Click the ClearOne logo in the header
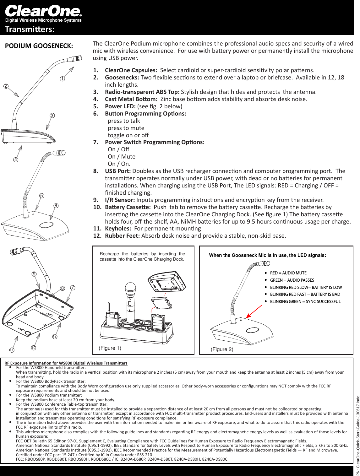tap(43, 11)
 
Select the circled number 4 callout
tap(15, 160)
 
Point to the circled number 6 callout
tap(56, 206)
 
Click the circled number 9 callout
tap(34, 274)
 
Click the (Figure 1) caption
tap(110, 348)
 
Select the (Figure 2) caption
tap(222, 349)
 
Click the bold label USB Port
tap(118, 171)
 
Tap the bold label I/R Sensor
tap(120, 200)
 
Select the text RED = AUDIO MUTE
tap(288, 273)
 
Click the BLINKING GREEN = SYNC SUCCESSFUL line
tap(305, 301)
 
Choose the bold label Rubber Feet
tap(122, 236)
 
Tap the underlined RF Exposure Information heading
tap(66, 363)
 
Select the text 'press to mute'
tap(126, 128)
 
